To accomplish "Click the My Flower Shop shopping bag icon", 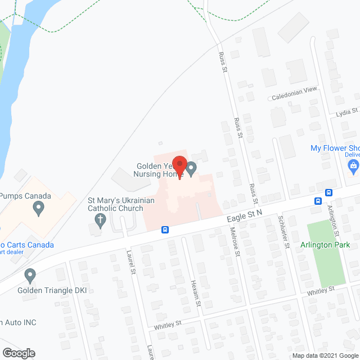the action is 353,165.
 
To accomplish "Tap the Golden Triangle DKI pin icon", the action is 30,276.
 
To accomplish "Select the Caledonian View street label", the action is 295,91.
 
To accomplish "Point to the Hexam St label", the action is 196,292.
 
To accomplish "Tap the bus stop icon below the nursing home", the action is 165,229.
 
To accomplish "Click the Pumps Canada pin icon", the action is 39,209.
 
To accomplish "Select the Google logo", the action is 18,353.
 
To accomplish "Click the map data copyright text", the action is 325,355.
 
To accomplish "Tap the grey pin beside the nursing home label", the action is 192,168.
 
